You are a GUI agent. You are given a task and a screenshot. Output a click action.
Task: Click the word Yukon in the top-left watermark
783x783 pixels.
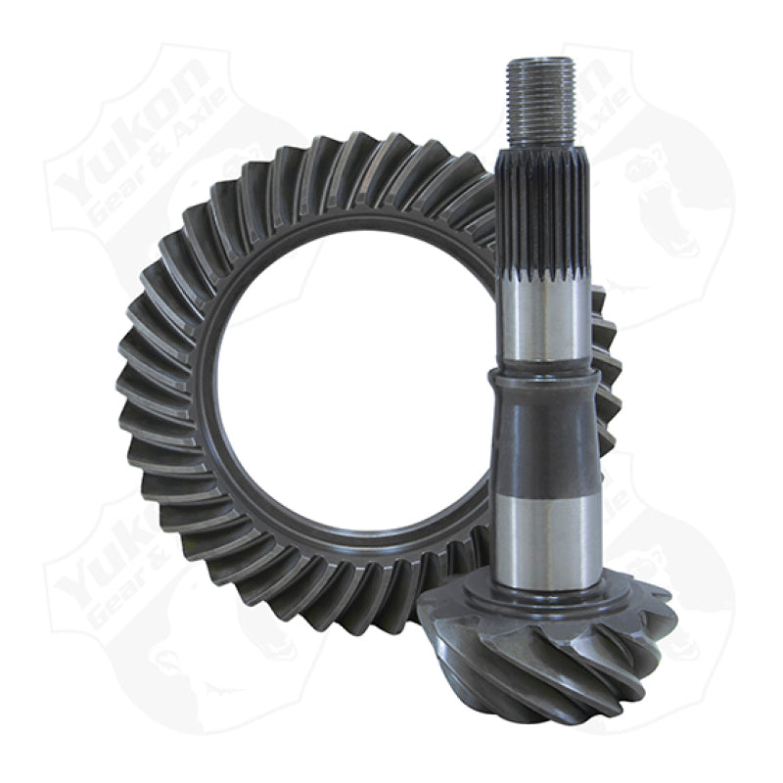[x=127, y=137]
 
